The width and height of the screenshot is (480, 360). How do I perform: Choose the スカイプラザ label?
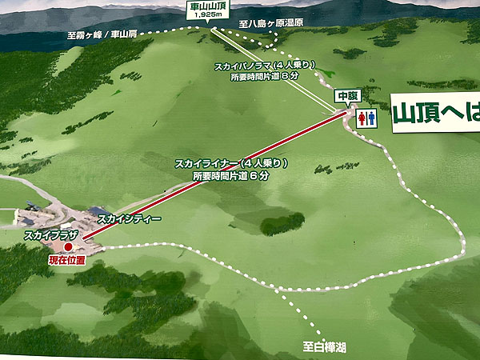50,236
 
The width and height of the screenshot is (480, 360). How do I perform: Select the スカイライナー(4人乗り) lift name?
231,164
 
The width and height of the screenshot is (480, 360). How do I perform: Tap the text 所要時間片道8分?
259,78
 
